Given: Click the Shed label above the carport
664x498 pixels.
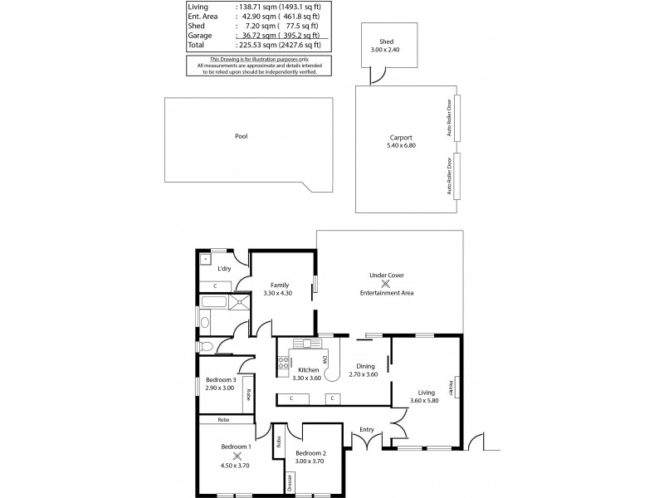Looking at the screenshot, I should tap(386, 41).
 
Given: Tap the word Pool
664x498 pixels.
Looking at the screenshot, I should tap(241, 136).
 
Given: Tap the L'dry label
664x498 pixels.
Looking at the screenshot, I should tap(224, 269).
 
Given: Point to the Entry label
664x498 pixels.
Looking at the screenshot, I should tap(367, 429).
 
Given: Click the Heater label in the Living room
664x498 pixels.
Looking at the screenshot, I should tap(451, 388).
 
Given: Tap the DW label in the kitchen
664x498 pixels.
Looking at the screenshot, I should tap(325, 359).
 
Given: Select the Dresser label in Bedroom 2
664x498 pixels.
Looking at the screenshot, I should tap(290, 481).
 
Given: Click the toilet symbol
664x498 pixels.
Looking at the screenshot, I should tap(206, 346).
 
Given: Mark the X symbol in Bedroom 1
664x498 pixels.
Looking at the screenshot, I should tap(237, 456).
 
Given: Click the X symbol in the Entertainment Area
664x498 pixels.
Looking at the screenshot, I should tap(385, 284).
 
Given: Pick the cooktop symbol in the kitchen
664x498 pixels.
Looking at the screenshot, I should tap(283, 361).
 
